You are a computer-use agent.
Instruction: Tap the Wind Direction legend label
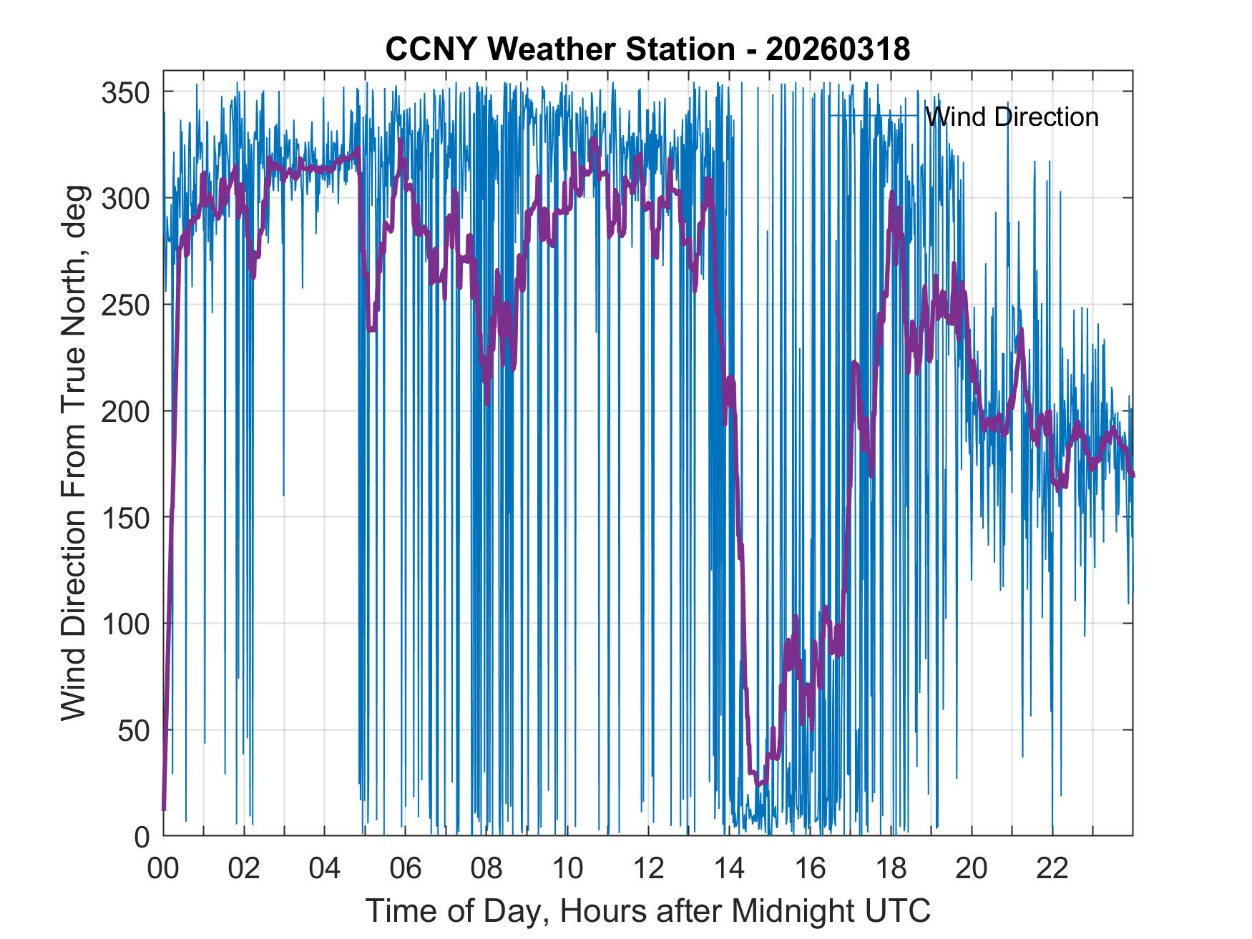click(1011, 117)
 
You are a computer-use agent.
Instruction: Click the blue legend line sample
click(874, 116)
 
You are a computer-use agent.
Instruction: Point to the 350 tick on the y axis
click(126, 92)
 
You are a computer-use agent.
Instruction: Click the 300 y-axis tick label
click(126, 199)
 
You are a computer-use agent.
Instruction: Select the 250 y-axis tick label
click(126, 305)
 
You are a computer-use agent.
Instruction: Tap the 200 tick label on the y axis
click(126, 411)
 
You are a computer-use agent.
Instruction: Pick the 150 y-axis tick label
click(126, 518)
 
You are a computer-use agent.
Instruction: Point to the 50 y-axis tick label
click(134, 730)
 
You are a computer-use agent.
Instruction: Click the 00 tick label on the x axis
click(163, 870)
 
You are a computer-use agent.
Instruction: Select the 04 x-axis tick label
click(325, 870)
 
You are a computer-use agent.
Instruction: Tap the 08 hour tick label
click(486, 870)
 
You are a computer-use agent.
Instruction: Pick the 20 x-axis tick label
click(972, 870)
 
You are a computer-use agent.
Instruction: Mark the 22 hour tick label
click(1052, 870)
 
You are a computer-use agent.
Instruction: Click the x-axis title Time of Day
click(648, 910)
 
